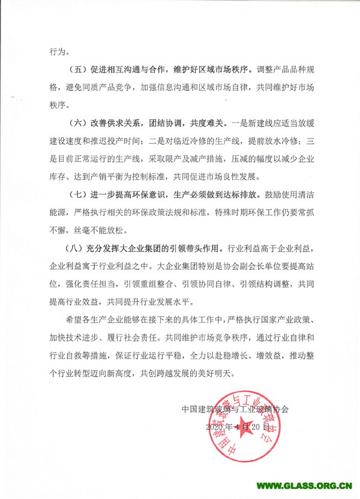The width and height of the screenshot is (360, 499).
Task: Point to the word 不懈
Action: click(x=58, y=229)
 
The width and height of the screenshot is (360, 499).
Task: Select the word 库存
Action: click(x=58, y=178)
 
